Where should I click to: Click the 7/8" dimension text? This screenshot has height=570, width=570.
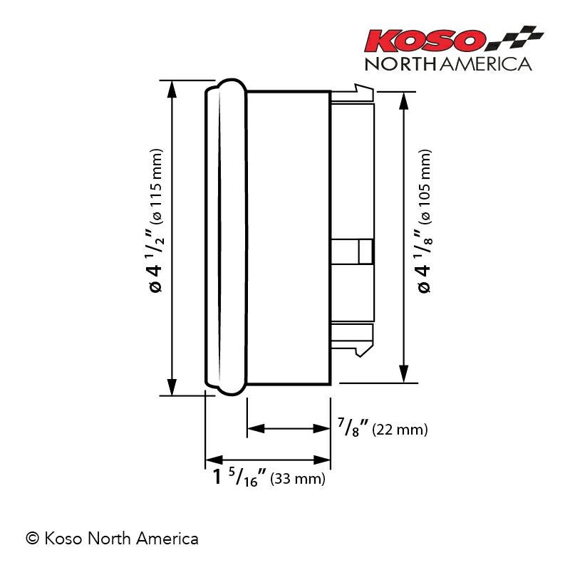(x=352, y=430)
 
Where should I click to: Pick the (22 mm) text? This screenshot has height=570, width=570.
(x=400, y=430)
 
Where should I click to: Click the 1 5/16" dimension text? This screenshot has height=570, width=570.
(x=239, y=477)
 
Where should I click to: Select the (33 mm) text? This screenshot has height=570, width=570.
(x=299, y=479)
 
